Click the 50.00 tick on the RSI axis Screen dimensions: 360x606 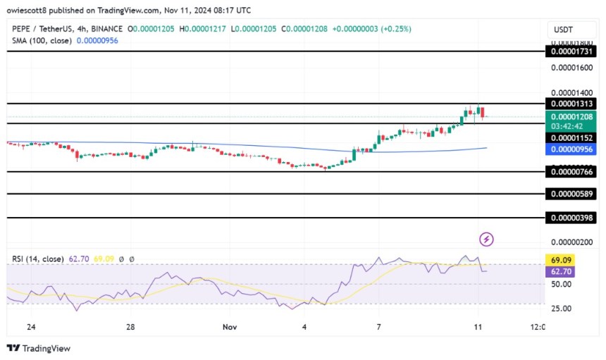coord(562,284)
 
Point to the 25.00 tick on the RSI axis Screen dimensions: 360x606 coord(562,308)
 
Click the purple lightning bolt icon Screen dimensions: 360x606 coord(486,240)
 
